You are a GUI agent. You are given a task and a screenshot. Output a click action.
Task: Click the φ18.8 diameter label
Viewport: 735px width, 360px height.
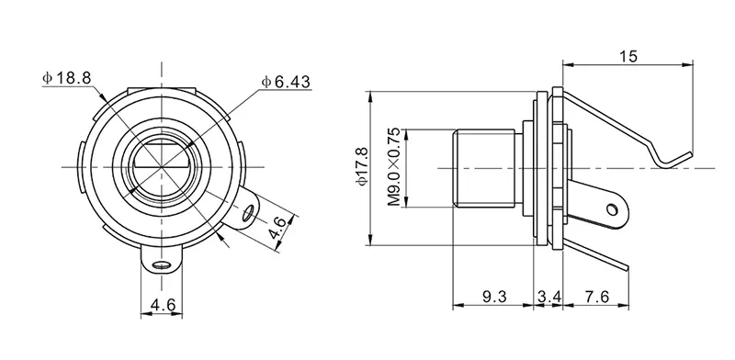[66, 78]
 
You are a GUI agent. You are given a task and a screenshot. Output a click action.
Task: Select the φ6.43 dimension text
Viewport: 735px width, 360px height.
[286, 82]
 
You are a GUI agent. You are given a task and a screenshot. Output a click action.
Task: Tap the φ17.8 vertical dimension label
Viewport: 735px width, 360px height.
[363, 166]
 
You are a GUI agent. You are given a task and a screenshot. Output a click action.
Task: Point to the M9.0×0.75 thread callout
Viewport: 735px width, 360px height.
[394, 167]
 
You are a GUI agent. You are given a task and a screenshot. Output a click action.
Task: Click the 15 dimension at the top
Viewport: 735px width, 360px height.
[628, 57]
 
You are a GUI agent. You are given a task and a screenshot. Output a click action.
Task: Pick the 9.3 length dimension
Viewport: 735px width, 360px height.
[494, 297]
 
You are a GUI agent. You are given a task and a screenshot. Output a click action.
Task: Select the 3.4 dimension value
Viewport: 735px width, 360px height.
[548, 297]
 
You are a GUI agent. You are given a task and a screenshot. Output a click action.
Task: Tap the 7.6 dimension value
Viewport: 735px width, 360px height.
[596, 297]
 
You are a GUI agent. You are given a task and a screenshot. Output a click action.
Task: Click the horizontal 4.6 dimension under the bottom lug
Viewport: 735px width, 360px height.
[163, 306]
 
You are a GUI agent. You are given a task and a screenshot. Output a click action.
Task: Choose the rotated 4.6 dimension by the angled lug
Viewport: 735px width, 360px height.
[277, 228]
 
